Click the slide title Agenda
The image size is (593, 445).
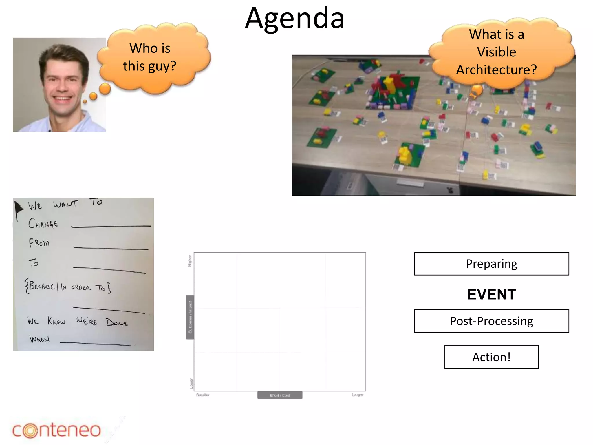tap(294, 19)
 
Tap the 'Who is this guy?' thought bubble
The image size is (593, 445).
tap(153, 57)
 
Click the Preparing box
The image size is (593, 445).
tap(491, 264)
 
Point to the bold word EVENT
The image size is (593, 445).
tap(491, 294)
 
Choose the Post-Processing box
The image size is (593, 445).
tap(491, 321)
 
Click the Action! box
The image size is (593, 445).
tap(491, 357)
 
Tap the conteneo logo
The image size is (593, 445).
tap(57, 430)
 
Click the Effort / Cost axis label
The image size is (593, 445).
tap(280, 395)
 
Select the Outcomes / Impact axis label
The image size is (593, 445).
tap(190, 317)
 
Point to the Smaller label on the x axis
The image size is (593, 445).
tap(203, 395)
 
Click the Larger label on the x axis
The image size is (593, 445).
tap(358, 395)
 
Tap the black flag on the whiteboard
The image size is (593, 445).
tap(19, 208)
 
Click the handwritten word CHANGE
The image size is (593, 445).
tap(43, 223)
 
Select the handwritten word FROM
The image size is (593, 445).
tap(39, 243)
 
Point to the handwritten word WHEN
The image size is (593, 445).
tap(39, 339)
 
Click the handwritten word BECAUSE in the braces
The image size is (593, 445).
tap(42, 286)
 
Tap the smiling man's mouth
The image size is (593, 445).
tap(63, 98)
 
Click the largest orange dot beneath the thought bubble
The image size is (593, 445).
tap(105, 89)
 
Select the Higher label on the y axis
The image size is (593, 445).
tap(190, 260)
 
